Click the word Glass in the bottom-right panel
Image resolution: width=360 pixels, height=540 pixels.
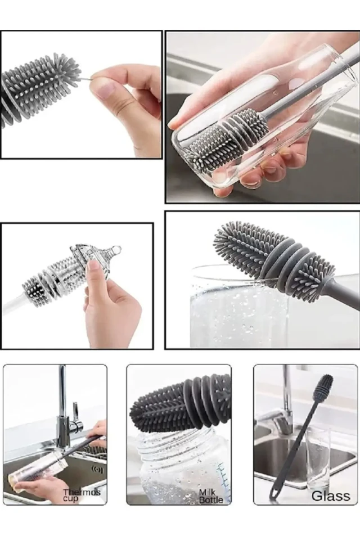(331, 496)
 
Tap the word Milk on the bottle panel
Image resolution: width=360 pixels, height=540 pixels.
(206, 493)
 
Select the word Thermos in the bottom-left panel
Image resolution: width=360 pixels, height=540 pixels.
(82, 492)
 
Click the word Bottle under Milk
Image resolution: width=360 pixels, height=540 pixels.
(211, 499)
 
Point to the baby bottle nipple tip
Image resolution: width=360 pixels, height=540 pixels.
(117, 248)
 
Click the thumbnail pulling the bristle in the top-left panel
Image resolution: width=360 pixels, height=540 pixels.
(104, 90)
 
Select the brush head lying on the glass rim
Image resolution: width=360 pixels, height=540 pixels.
(274, 256)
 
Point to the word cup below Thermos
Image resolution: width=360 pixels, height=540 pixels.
(71, 498)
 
